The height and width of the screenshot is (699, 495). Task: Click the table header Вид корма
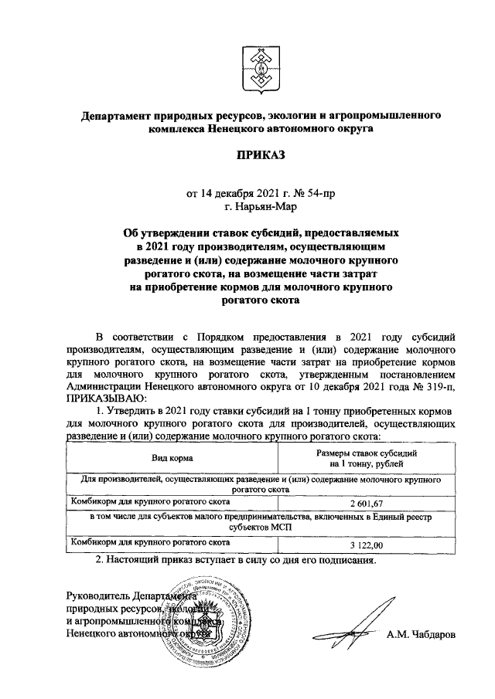click(x=172, y=458)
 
